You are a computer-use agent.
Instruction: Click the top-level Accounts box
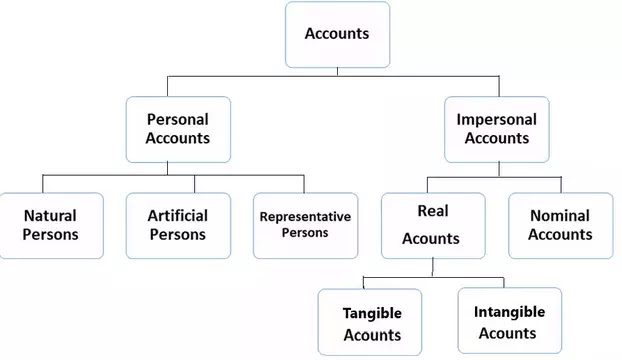pyautogui.click(x=337, y=34)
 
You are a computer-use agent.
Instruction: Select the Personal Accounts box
pyautogui.click(x=178, y=129)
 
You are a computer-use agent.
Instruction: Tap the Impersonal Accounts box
pyautogui.click(x=497, y=129)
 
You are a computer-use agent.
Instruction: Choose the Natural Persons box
pyautogui.click(x=51, y=225)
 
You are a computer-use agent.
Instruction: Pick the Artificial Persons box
pyautogui.click(x=178, y=225)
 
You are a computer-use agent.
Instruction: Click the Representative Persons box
pyautogui.click(x=305, y=225)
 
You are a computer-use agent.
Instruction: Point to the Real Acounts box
pyautogui.click(x=432, y=225)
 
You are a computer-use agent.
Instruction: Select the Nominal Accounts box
pyautogui.click(x=560, y=225)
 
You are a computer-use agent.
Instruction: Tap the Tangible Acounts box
pyautogui.click(x=372, y=323)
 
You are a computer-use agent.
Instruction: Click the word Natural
pyautogui.click(x=50, y=215)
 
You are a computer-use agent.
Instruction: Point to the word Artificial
pyautogui.click(x=178, y=215)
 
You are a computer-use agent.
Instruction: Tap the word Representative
pyautogui.click(x=305, y=216)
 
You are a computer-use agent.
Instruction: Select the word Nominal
pyautogui.click(x=560, y=215)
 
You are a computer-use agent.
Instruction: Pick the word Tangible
pyautogui.click(x=372, y=313)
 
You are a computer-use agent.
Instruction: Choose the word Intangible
pyautogui.click(x=509, y=311)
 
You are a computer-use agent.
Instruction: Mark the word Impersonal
pyautogui.click(x=497, y=119)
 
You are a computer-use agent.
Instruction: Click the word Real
pyautogui.click(x=432, y=212)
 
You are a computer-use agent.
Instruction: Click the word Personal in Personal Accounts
pyautogui.click(x=178, y=119)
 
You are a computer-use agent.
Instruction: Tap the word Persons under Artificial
pyautogui.click(x=178, y=235)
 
